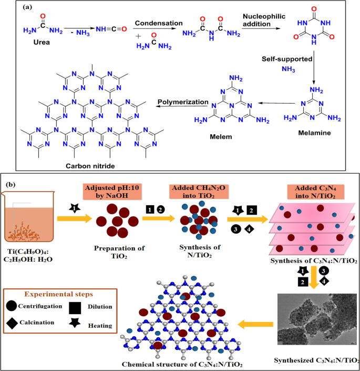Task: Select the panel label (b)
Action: (x=13, y=185)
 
